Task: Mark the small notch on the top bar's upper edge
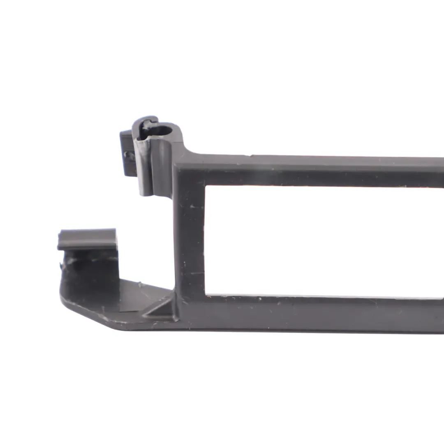250,156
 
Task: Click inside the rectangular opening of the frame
321,240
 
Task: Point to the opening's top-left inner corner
206,187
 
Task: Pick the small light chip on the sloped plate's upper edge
139,284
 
